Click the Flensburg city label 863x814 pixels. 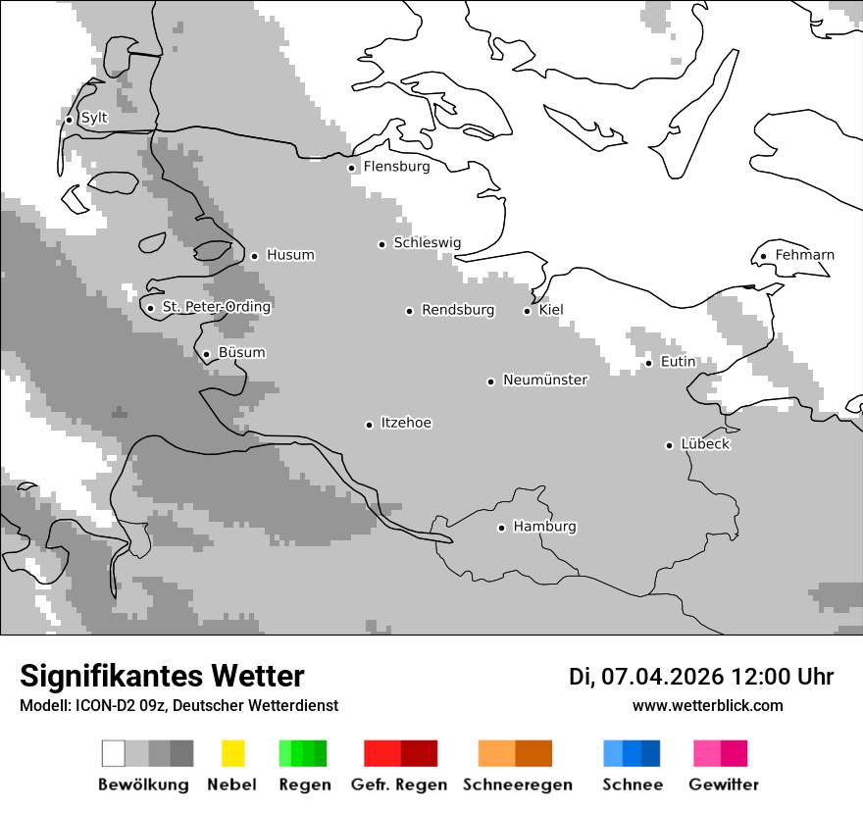coord(396,167)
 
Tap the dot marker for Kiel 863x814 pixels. coord(528,311)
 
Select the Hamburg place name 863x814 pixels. coord(544,527)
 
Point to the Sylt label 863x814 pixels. coord(94,118)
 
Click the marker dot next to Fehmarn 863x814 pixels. coord(764,257)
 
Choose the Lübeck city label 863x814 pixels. coord(705,444)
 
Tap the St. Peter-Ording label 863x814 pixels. coord(216,307)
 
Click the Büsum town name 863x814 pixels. coord(241,353)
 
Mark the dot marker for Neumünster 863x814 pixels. coord(491,382)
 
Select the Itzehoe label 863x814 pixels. coord(406,423)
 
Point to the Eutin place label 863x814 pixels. coord(678,362)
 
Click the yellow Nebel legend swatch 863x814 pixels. coord(232,753)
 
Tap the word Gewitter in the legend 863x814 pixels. coord(724,785)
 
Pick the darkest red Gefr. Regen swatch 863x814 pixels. coord(419,753)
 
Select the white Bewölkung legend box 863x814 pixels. coord(114,753)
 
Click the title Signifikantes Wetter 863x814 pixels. coord(162,676)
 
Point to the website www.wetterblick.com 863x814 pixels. coord(707,705)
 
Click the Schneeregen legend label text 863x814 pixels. coord(518,785)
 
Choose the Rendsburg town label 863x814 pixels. coord(458,310)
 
